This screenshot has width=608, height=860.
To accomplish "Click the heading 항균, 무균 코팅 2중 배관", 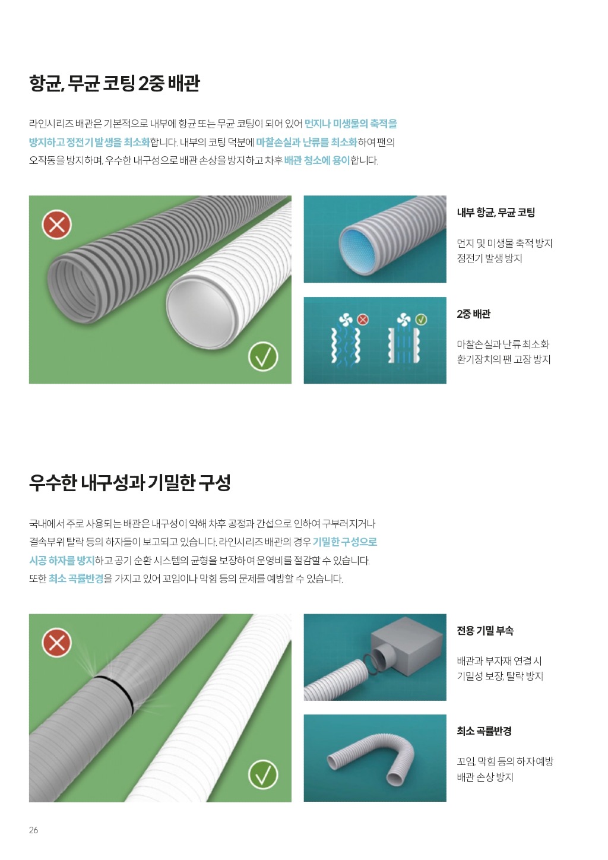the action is click(115, 83).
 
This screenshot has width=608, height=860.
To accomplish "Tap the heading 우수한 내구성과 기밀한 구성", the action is click(130, 483).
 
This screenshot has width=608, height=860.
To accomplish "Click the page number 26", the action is click(33, 830).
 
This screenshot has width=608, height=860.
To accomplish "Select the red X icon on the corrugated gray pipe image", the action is click(56, 225).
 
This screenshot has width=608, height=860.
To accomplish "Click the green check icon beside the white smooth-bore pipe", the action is click(263, 357).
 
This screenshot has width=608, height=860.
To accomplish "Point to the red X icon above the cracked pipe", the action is click(56, 643).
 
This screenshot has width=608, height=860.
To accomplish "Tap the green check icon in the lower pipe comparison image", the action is click(263, 774).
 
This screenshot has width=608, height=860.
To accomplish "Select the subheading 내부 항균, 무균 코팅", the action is click(496, 212).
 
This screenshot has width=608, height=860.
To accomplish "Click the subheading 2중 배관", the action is click(473, 314).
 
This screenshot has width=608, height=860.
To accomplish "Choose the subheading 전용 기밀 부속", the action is click(484, 630).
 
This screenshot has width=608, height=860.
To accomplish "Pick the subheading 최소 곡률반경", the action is click(484, 731).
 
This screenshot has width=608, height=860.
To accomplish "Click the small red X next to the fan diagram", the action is click(362, 319).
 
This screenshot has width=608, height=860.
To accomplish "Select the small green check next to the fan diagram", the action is click(421, 319).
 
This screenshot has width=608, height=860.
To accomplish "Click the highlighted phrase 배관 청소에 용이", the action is click(317, 160).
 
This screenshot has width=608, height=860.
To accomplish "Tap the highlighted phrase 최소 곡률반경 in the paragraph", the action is click(76, 578).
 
